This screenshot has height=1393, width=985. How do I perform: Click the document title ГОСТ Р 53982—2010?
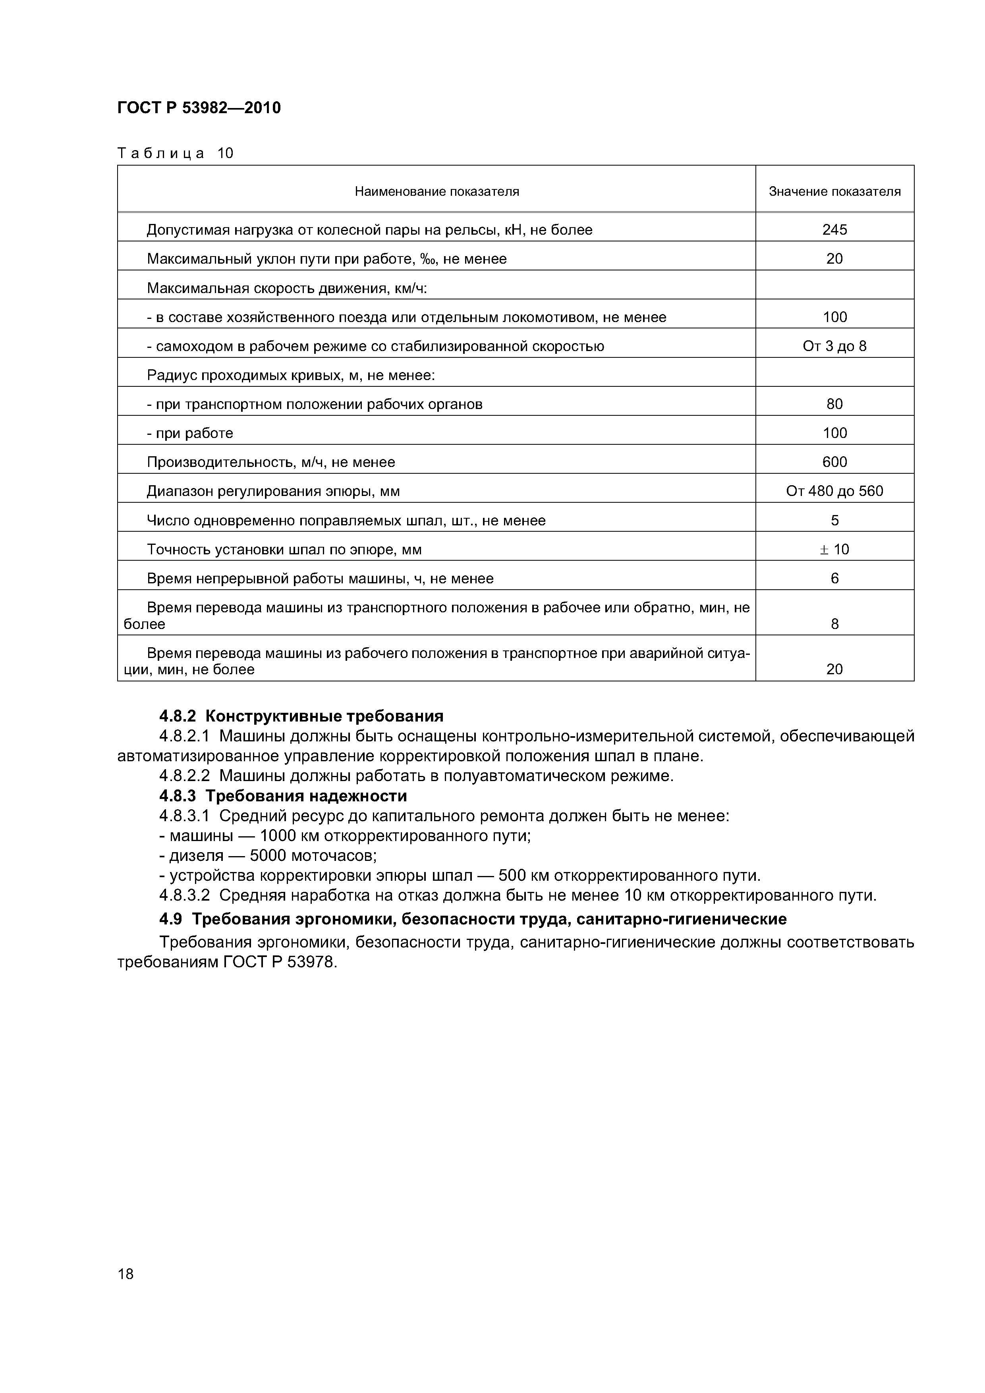tap(199, 108)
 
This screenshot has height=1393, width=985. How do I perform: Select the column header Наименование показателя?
tap(436, 192)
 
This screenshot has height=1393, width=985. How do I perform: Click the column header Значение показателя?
tap(834, 192)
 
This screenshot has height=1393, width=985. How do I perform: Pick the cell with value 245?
tap(834, 230)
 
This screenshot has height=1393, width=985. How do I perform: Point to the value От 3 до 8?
tap(834, 346)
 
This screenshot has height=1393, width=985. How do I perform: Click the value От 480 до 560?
tap(834, 491)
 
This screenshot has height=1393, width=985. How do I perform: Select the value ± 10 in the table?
tap(834, 549)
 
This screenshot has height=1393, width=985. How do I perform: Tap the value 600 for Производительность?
tap(834, 462)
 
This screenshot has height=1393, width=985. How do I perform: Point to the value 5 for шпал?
tap(834, 520)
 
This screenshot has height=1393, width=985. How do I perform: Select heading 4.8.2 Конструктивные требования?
tap(301, 716)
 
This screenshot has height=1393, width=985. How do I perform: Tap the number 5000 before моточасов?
tap(268, 855)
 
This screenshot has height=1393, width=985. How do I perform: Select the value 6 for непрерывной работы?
tap(834, 578)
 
